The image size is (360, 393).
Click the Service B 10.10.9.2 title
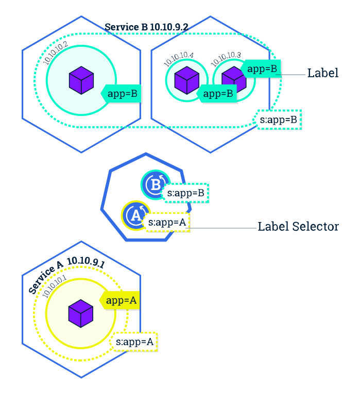pos(146,27)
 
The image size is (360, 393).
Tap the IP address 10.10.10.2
pos(56,53)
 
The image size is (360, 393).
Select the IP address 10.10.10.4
pos(179,59)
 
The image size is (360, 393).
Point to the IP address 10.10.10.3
pos(226,59)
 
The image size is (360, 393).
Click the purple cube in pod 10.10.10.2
pos(81,80)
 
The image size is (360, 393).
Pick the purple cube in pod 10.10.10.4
pos(187,80)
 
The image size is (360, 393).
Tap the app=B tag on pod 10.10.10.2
pos(121,94)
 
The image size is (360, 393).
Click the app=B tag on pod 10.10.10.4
pos(216,94)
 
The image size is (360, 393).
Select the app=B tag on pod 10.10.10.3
pos(261,69)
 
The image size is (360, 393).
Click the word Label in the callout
pos(323,73)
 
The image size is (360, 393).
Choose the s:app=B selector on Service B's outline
pos(277,120)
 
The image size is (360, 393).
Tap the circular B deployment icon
pos(156,185)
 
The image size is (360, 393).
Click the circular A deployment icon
pos(136,215)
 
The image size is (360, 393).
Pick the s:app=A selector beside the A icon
pos(166,223)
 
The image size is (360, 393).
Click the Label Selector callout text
pos(298,227)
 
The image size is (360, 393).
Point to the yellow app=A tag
pos(119,300)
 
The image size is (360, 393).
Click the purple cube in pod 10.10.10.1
pos(81,314)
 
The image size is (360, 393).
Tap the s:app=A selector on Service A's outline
pos(133,342)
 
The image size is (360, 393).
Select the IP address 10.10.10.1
pos(55,286)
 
